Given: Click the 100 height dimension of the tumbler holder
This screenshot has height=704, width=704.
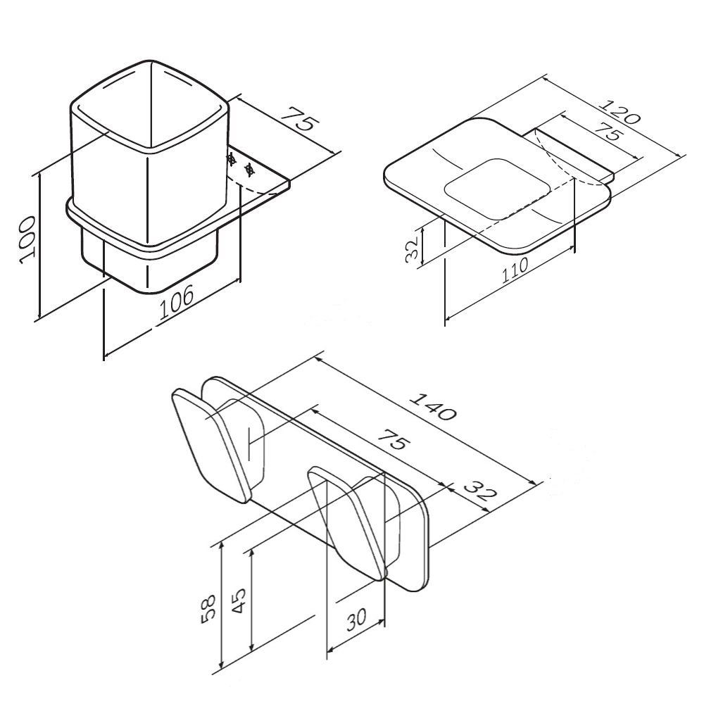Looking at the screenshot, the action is (x=28, y=240).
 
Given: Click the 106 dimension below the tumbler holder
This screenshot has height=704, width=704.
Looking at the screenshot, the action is (x=177, y=301).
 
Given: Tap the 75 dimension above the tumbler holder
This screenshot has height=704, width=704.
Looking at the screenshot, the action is (x=300, y=118).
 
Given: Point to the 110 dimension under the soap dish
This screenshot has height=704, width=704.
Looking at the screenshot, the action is (x=515, y=270).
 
